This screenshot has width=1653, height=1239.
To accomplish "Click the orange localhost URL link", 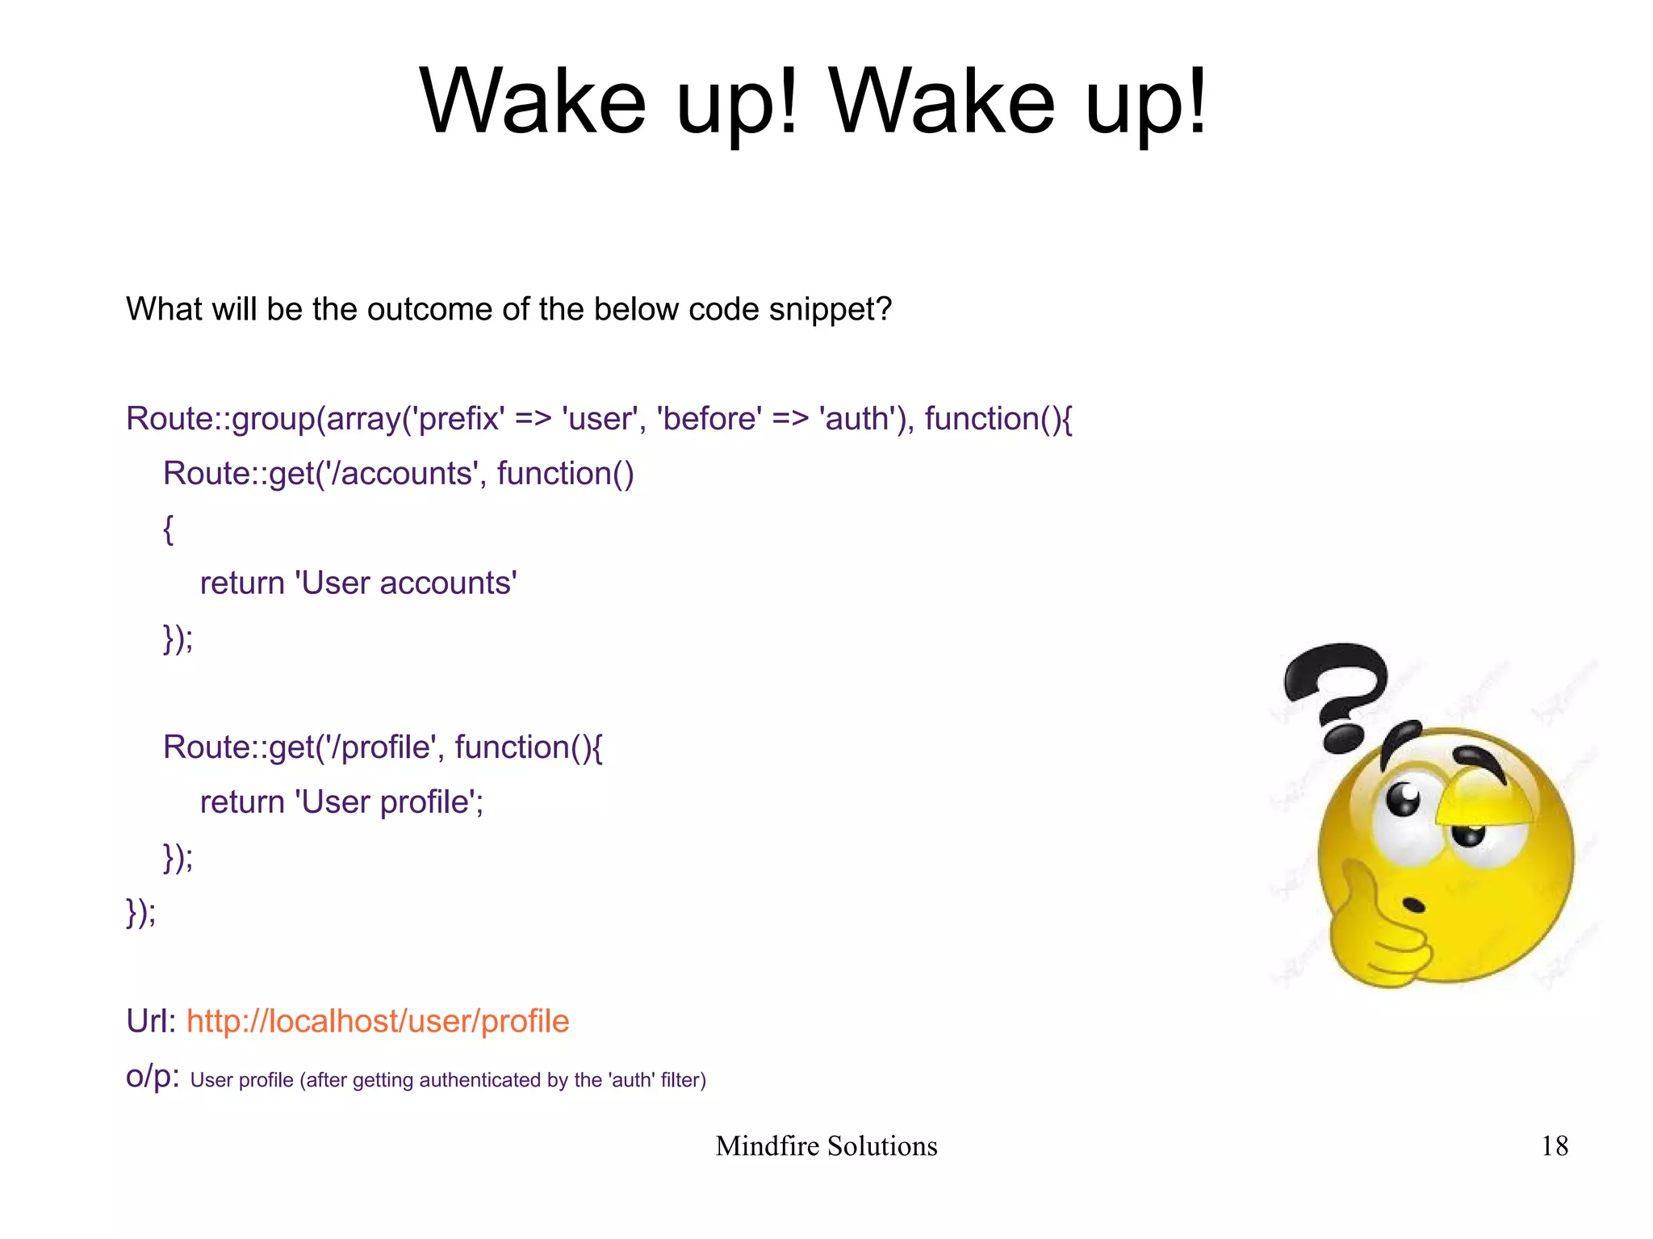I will pyautogui.click(x=378, y=1021).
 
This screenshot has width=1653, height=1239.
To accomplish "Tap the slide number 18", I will pyautogui.click(x=1554, y=1146).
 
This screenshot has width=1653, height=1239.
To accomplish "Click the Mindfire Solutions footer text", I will pyautogui.click(x=826, y=1146).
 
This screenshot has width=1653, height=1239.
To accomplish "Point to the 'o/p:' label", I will pyautogui.click(x=153, y=1077).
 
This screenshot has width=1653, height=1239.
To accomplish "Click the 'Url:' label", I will pyautogui.click(x=151, y=1021).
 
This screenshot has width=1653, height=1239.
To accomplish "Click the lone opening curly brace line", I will pyautogui.click(x=168, y=529).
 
